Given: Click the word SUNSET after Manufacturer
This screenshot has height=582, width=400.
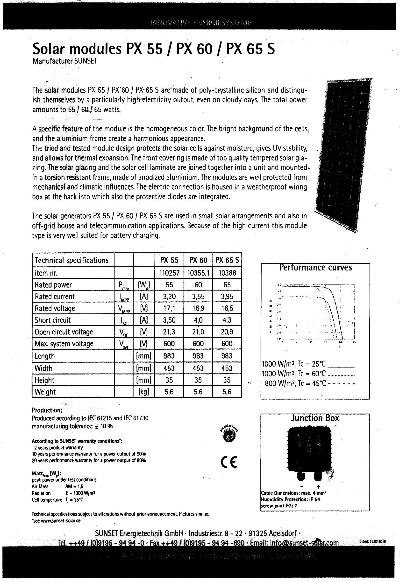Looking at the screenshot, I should click(86, 61).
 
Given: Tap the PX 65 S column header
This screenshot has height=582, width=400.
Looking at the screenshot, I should click(227, 260).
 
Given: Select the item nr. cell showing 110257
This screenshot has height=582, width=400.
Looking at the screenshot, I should click(169, 273).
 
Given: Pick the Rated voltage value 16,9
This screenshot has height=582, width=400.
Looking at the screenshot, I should click(198, 308).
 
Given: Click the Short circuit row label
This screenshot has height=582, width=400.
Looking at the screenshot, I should click(53, 320).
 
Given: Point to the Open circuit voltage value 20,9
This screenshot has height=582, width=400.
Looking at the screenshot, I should click(227, 332).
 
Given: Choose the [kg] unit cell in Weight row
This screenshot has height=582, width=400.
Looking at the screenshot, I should click(144, 392).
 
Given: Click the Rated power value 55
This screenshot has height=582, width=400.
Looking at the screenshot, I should click(169, 285).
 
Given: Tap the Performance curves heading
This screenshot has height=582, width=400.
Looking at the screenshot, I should click(315, 268).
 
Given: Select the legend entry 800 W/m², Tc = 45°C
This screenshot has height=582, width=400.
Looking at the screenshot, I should click(310, 383).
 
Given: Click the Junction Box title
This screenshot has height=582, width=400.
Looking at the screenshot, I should click(315, 418).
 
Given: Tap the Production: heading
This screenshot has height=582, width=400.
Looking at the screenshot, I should click(47, 410).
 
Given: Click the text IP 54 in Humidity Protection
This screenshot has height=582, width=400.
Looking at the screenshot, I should click(315, 499).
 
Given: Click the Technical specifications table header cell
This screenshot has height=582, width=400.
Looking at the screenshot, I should click(72, 260).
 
